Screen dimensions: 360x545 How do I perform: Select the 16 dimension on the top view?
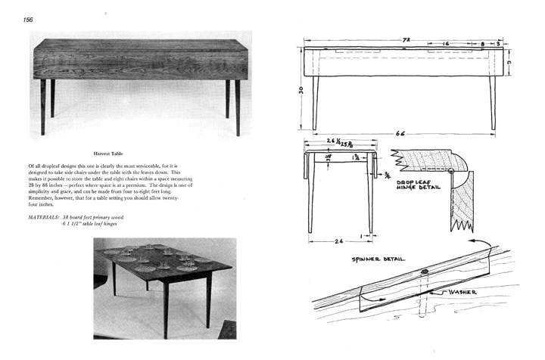[447, 44]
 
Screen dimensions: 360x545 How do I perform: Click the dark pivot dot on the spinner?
[425, 272]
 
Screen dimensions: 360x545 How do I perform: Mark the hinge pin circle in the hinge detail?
[452, 172]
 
